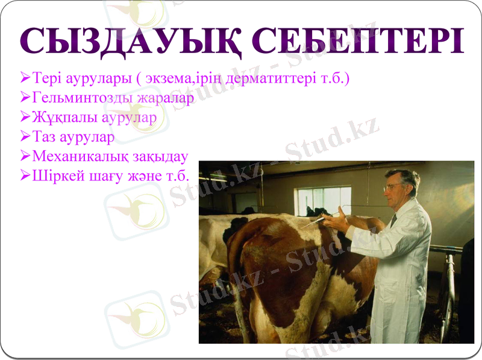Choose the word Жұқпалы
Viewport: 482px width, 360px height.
[57, 117]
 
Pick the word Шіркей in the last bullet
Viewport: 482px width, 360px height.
[54, 176]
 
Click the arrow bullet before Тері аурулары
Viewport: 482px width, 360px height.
[25, 78]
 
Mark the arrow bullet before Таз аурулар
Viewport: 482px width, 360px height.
[25, 137]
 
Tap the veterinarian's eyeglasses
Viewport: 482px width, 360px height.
[393, 187]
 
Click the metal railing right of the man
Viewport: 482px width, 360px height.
[448, 283]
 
